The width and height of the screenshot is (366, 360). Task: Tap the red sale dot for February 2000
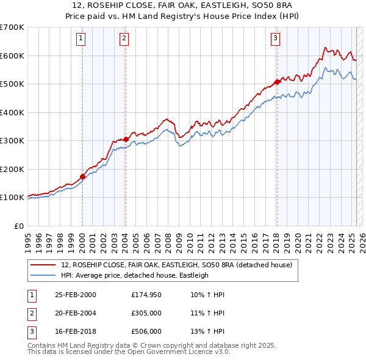82,177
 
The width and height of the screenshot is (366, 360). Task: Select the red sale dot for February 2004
126,139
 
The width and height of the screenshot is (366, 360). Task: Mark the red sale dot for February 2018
276,82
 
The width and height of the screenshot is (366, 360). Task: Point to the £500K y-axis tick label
12,84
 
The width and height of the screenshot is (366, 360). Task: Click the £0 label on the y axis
18,226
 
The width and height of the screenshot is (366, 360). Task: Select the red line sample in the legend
43,265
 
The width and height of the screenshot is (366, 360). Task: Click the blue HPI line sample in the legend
43,275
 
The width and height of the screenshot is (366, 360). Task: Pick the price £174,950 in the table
146,295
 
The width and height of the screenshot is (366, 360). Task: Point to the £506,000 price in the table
146,331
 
